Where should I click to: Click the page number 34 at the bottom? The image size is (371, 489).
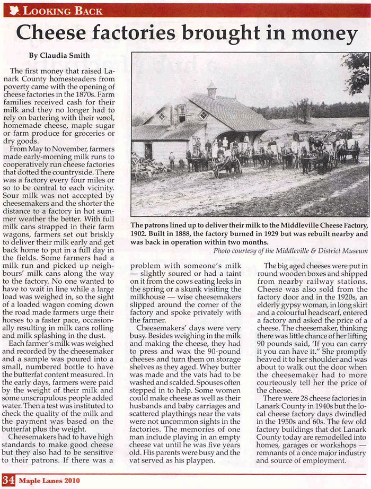pos(8,481)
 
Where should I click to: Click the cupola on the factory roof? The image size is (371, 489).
pos(211,89)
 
